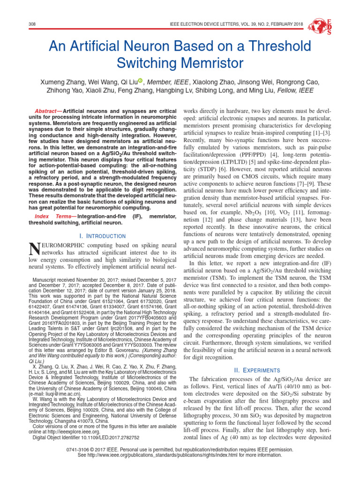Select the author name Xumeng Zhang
(x=69, y=82)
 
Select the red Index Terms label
(x=54, y=216)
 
